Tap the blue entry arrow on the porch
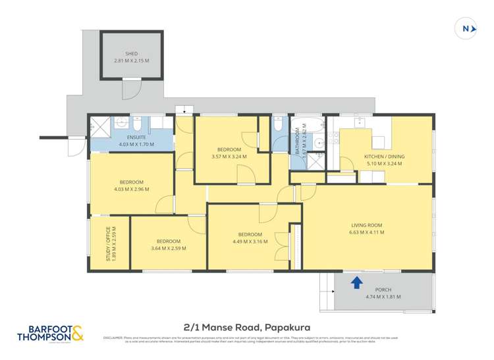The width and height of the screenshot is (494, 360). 356,282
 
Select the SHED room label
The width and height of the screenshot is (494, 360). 132,55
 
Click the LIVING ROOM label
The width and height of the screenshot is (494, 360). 367,225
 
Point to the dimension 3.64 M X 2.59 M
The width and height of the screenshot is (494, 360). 168,248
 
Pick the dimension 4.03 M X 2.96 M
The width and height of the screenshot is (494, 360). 131,189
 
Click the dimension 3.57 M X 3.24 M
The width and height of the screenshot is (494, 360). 229,157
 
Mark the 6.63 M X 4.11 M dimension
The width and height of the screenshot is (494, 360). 367,232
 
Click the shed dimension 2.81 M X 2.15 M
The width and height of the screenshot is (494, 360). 132,61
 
